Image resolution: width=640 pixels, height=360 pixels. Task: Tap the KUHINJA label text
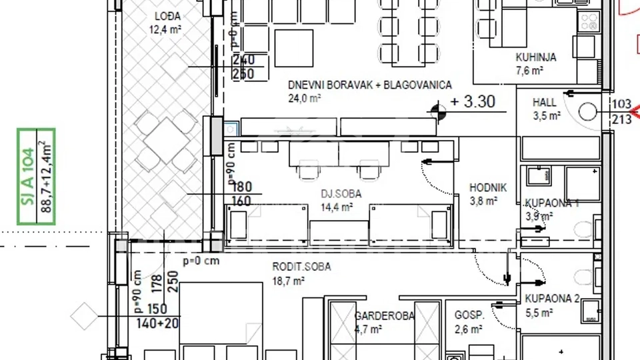coord(535,57)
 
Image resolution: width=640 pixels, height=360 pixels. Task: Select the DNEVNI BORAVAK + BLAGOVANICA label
coord(370,85)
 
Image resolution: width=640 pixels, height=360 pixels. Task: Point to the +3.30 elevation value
coord(473,102)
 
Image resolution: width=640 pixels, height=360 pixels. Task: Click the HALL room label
coord(544,103)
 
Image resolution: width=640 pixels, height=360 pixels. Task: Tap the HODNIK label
coord(488,188)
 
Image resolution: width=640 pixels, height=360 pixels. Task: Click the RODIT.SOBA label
coord(301,267)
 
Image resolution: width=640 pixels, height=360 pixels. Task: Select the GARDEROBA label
coord(384,316)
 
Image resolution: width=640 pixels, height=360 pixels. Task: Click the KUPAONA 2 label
coord(551,299)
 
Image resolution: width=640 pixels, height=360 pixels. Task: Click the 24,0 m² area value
coord(305,98)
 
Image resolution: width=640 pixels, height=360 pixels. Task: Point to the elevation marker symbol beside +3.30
coord(438,112)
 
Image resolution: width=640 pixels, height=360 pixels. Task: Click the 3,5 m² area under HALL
coord(546,115)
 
